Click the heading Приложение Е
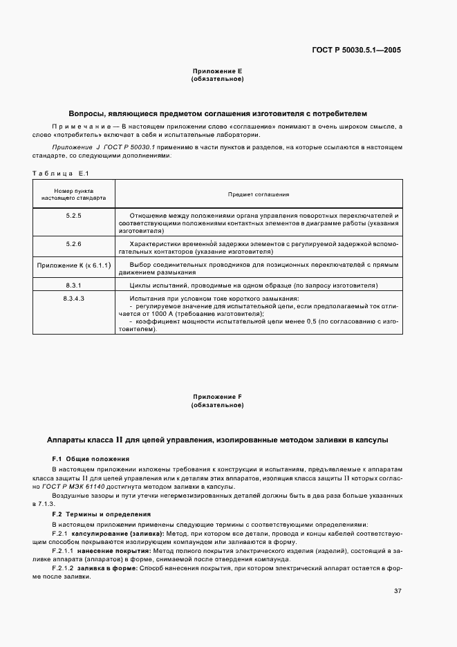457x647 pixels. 217,71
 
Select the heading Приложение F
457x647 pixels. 217,397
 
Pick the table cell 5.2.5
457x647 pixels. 73,216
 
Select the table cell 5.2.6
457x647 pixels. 73,244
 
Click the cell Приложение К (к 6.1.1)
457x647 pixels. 73,265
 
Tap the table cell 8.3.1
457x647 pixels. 73,285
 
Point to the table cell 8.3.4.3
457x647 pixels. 73,298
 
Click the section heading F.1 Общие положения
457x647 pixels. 91,459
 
